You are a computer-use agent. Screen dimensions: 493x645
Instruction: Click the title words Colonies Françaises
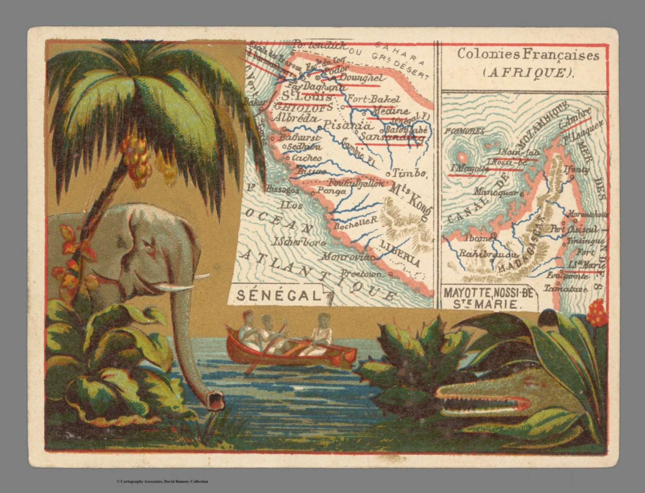(528, 55)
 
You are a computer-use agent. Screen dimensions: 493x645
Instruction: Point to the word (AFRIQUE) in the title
(528, 73)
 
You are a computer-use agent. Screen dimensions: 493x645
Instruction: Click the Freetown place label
(362, 274)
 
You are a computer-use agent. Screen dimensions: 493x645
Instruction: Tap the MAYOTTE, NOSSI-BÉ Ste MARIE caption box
(488, 298)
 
